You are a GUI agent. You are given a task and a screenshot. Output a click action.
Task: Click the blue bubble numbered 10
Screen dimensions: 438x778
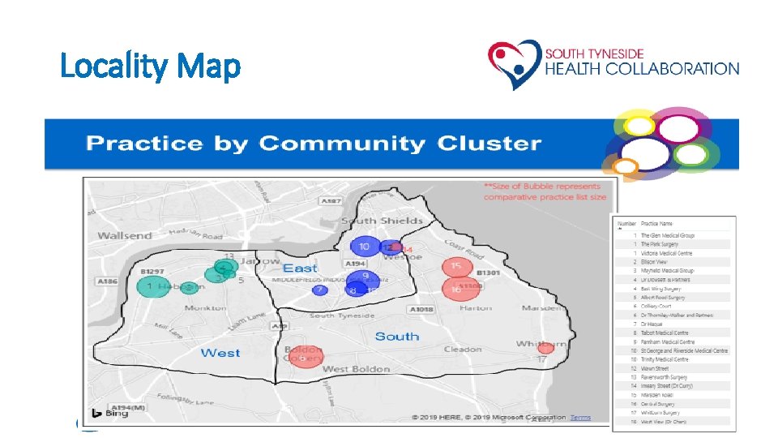pos(365,247)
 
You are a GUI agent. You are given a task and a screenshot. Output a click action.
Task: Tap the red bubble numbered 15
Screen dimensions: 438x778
pos(456,267)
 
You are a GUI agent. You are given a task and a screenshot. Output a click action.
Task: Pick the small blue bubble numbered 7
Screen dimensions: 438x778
pos(320,290)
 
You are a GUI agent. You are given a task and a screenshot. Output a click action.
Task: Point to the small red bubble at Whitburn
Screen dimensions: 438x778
pos(546,349)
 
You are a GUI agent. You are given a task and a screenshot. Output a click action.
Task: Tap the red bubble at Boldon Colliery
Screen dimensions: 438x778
pos(305,358)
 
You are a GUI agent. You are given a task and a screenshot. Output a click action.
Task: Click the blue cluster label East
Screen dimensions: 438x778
pos(300,268)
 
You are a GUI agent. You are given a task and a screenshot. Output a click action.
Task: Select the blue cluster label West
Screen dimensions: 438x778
pos(220,352)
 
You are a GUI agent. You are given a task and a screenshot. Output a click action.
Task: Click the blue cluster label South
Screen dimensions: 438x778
pos(397,336)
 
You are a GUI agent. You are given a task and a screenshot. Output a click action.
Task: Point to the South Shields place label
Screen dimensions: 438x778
pos(382,221)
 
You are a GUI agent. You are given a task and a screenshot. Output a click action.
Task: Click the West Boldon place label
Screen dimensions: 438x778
pos(356,369)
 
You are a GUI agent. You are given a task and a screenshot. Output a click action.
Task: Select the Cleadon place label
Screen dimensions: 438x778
pos(462,350)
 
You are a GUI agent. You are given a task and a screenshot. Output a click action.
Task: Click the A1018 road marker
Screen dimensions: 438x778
pos(421,309)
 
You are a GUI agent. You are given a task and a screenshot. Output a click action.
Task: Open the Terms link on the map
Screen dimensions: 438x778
pos(580,417)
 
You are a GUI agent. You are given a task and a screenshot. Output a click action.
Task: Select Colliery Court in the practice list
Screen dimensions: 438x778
pos(656,306)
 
